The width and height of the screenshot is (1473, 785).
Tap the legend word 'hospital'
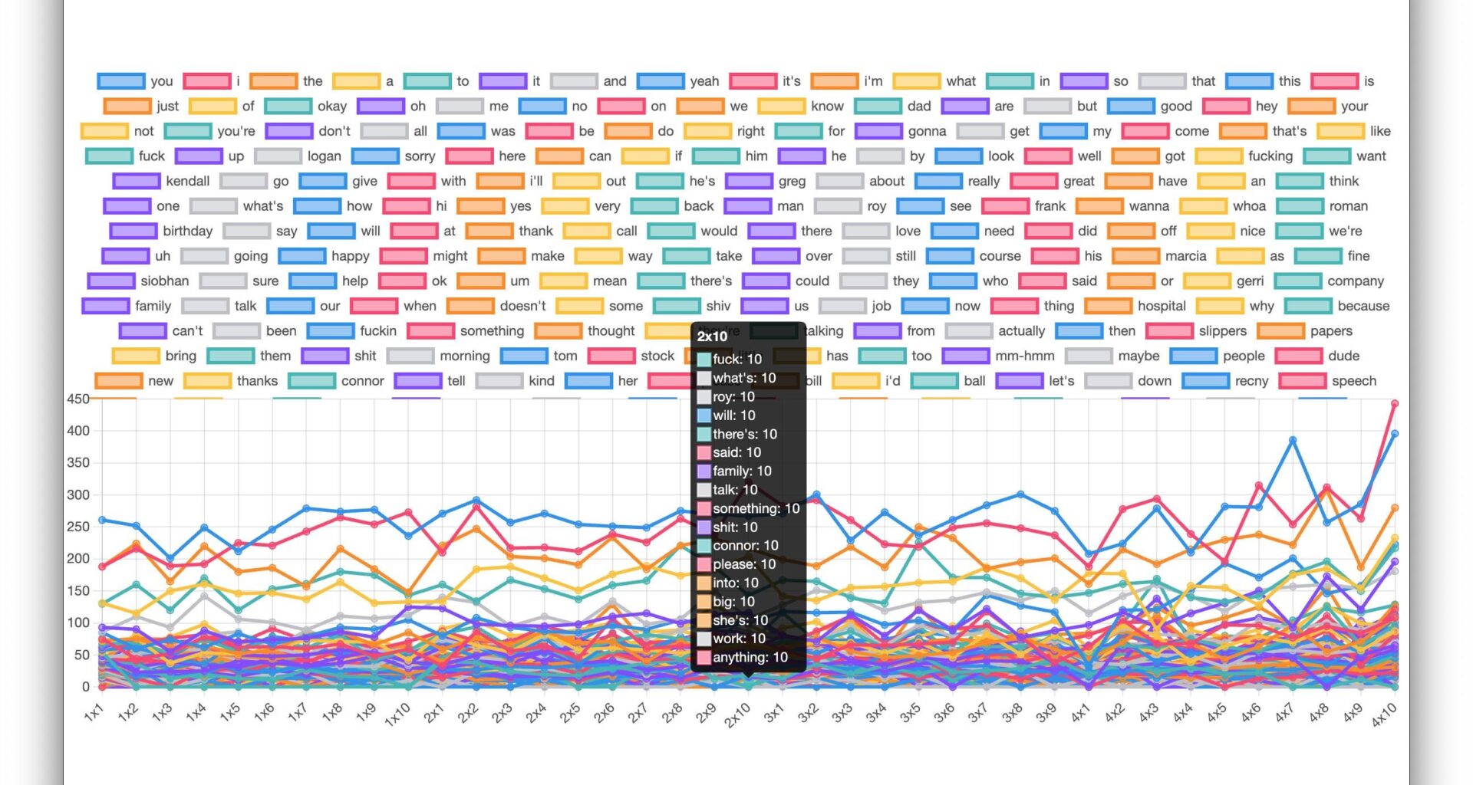coord(1161,306)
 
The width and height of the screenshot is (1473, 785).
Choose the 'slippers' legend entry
coord(1222,331)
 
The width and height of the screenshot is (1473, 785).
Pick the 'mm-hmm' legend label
coord(1024,356)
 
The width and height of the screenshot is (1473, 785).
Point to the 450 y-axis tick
coord(77,399)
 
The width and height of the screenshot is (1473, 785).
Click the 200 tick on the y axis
coord(77,558)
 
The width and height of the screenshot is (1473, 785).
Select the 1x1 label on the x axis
coord(93,714)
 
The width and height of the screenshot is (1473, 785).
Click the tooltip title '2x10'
coord(712,337)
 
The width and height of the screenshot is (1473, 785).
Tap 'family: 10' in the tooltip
coord(741,471)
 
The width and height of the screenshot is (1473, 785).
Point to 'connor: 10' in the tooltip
coord(745,546)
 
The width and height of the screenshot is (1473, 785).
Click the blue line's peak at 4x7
coord(1293,440)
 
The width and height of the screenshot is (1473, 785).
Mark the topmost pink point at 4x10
coord(1395,403)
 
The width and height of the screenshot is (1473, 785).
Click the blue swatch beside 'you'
coord(121,81)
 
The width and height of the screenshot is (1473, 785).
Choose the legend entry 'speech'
coord(1353,381)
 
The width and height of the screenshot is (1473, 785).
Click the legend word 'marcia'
coord(1185,256)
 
